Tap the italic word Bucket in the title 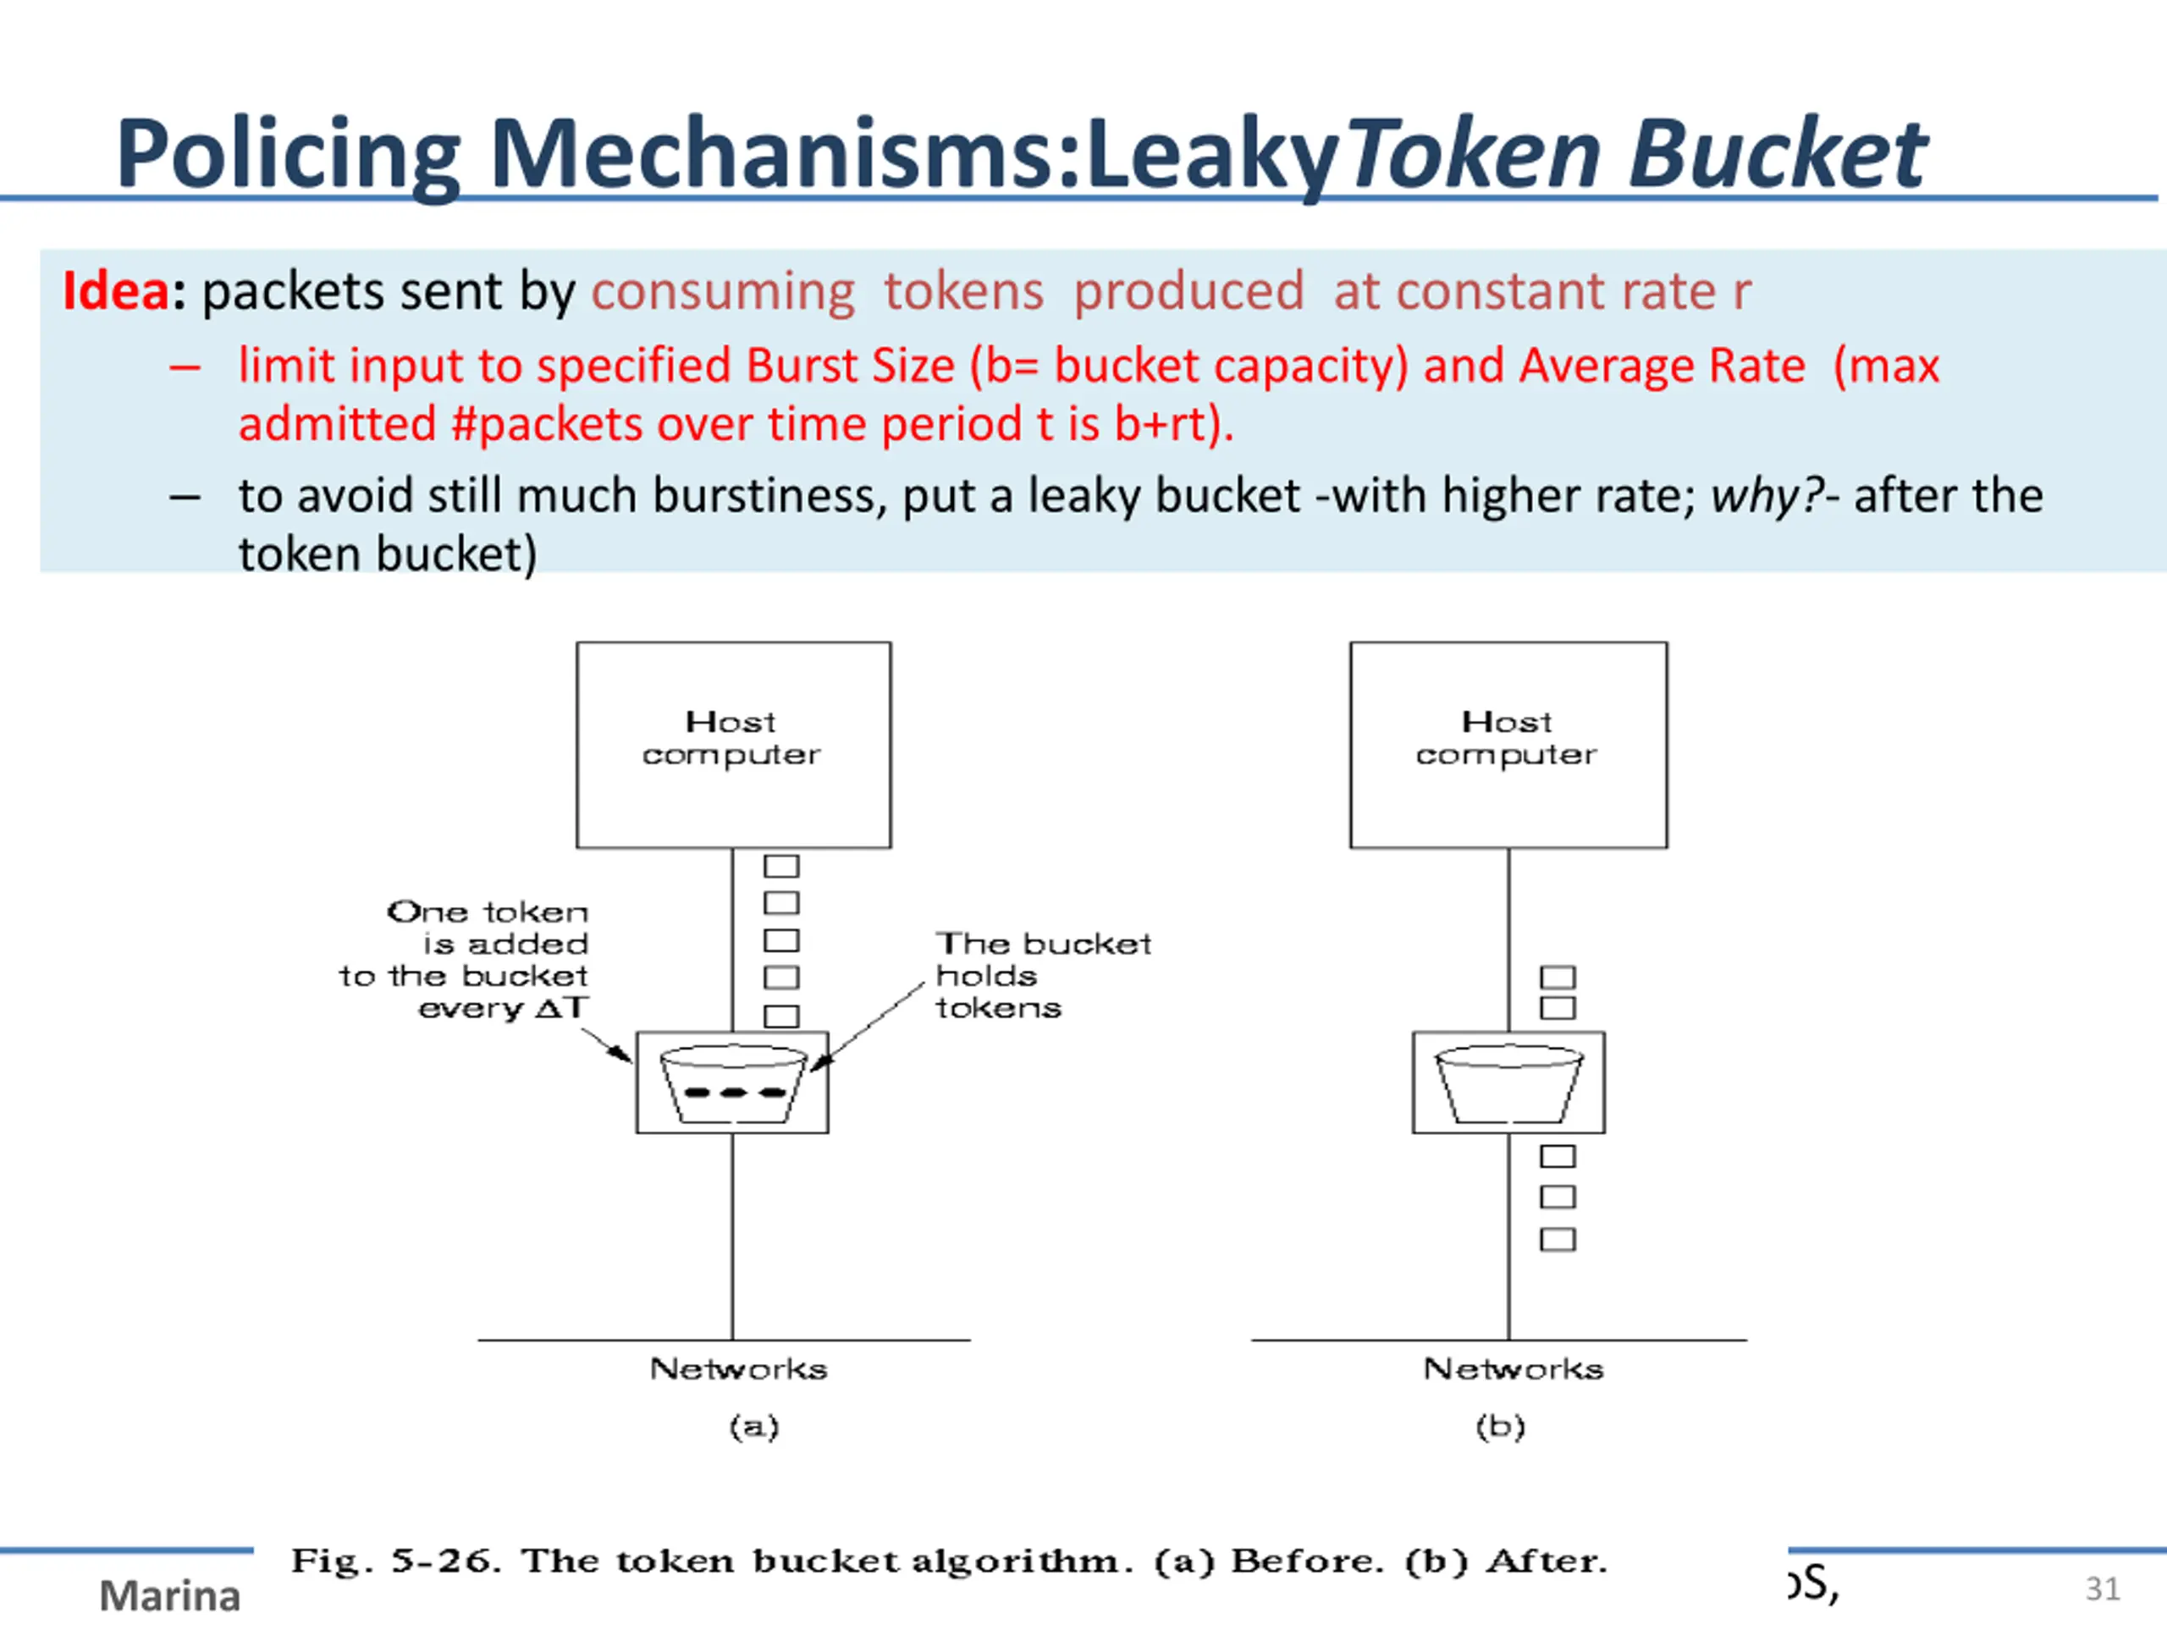pos(1776,155)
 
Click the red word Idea pos(116,291)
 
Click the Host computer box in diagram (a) pos(733,745)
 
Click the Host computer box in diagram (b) pos(1508,745)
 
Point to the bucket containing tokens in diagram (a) pos(733,1083)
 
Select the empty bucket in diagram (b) pos(1508,1083)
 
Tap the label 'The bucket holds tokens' pos(1042,976)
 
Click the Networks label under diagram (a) pos(739,1369)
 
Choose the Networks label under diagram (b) pos(1513,1369)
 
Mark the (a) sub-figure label pos(753,1426)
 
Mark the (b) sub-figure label pos(1500,1426)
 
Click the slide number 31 pos(2103,1589)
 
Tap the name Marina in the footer pos(169,1595)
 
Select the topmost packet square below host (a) pos(780,866)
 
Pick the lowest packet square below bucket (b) pos(1557,1240)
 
